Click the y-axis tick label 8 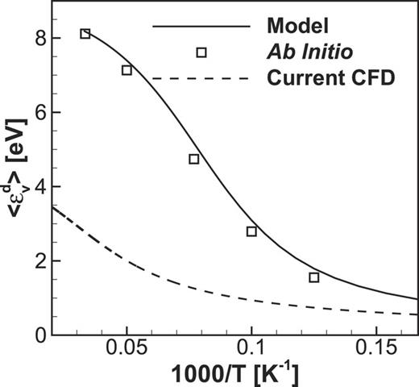click(29, 38)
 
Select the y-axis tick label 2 click(29, 260)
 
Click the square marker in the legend click(201, 52)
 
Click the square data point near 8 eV click(85, 34)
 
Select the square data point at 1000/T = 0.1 click(251, 231)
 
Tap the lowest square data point click(314, 277)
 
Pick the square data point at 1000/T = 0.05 click(127, 70)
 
